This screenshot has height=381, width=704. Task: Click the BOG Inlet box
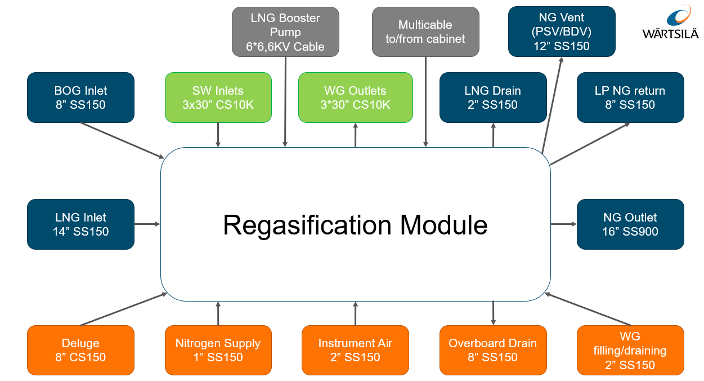tap(80, 98)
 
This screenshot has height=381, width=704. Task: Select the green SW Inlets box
tap(218, 98)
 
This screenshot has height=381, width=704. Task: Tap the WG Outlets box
tap(355, 98)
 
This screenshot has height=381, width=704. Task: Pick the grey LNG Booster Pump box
tap(285, 32)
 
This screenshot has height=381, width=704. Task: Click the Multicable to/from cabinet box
tap(425, 32)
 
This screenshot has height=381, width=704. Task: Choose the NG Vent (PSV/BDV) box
tap(561, 32)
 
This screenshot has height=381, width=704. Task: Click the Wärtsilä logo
tap(671, 23)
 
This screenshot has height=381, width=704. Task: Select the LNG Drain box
tap(492, 98)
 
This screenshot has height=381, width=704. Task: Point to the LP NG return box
tap(630, 98)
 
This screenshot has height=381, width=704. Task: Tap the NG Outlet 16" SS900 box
tap(630, 224)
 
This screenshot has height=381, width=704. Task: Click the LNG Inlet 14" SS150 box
tap(80, 224)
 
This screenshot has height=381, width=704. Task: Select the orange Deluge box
tap(80, 350)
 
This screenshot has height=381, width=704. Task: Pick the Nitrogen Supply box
tap(218, 350)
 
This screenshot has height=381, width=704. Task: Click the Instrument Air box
tap(355, 350)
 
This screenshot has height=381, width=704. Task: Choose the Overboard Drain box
tap(492, 350)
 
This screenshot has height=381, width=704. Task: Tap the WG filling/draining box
tap(630, 350)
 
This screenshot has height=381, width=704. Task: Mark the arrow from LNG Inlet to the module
tap(147, 224)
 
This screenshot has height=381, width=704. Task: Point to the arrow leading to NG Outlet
tap(563, 224)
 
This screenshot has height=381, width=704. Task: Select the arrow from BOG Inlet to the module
tap(122, 140)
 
